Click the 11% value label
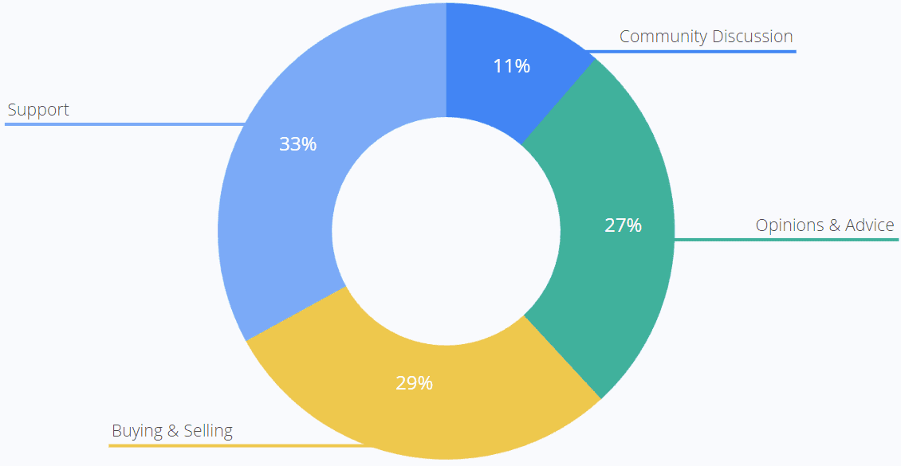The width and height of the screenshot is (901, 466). click(x=511, y=66)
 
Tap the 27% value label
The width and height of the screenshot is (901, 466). click(x=623, y=225)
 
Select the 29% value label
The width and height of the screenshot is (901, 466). click(x=414, y=383)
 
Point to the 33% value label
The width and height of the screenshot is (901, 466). click(x=297, y=144)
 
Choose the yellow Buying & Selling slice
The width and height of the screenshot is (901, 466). click(x=447, y=414)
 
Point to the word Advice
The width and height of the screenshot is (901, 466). click(x=870, y=225)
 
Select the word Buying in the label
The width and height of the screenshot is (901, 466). click(x=136, y=431)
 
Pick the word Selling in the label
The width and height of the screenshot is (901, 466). click(x=208, y=431)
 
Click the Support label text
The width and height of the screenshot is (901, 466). click(x=38, y=110)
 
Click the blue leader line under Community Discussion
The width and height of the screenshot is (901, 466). click(x=694, y=52)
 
